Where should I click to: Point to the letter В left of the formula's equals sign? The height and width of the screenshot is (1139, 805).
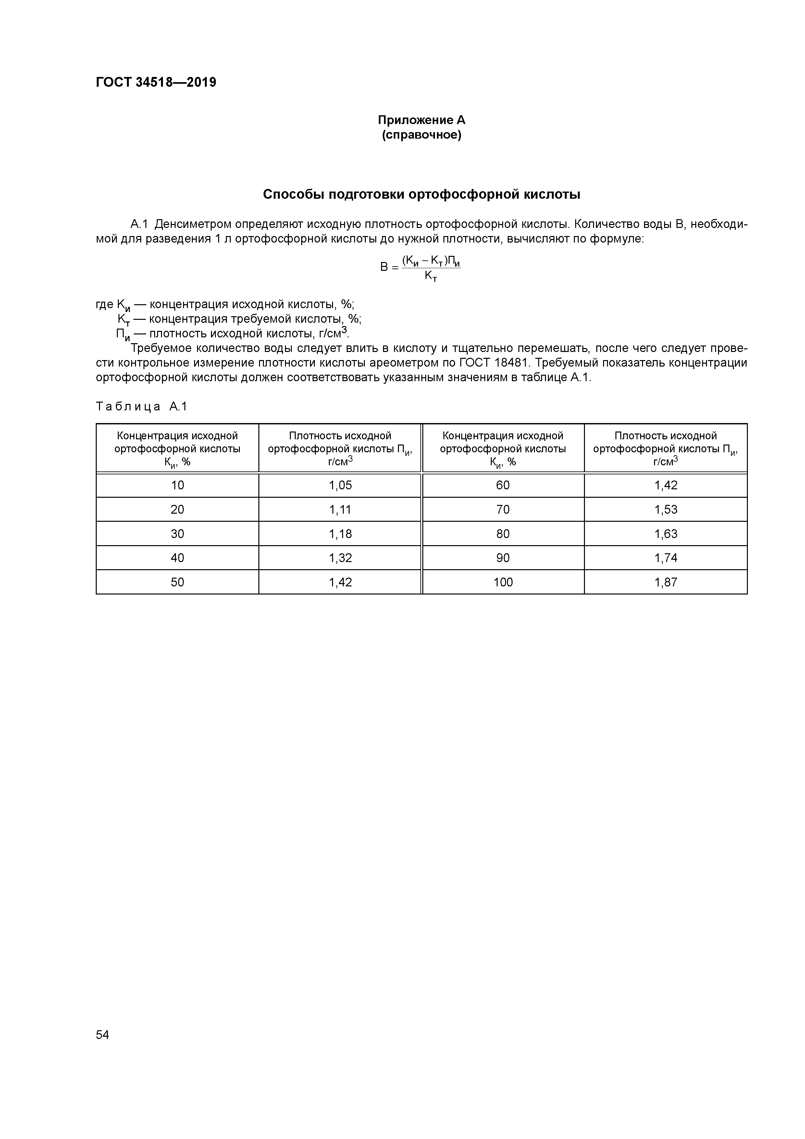pos(384,268)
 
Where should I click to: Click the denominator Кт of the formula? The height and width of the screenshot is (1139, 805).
pos(430,276)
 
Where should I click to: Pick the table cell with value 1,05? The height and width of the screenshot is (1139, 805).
pos(340,485)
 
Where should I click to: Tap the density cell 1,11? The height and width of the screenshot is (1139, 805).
pos(340,509)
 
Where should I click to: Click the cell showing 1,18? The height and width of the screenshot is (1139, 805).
pos(340,534)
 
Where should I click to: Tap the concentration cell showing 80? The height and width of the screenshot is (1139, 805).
pos(502,534)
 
